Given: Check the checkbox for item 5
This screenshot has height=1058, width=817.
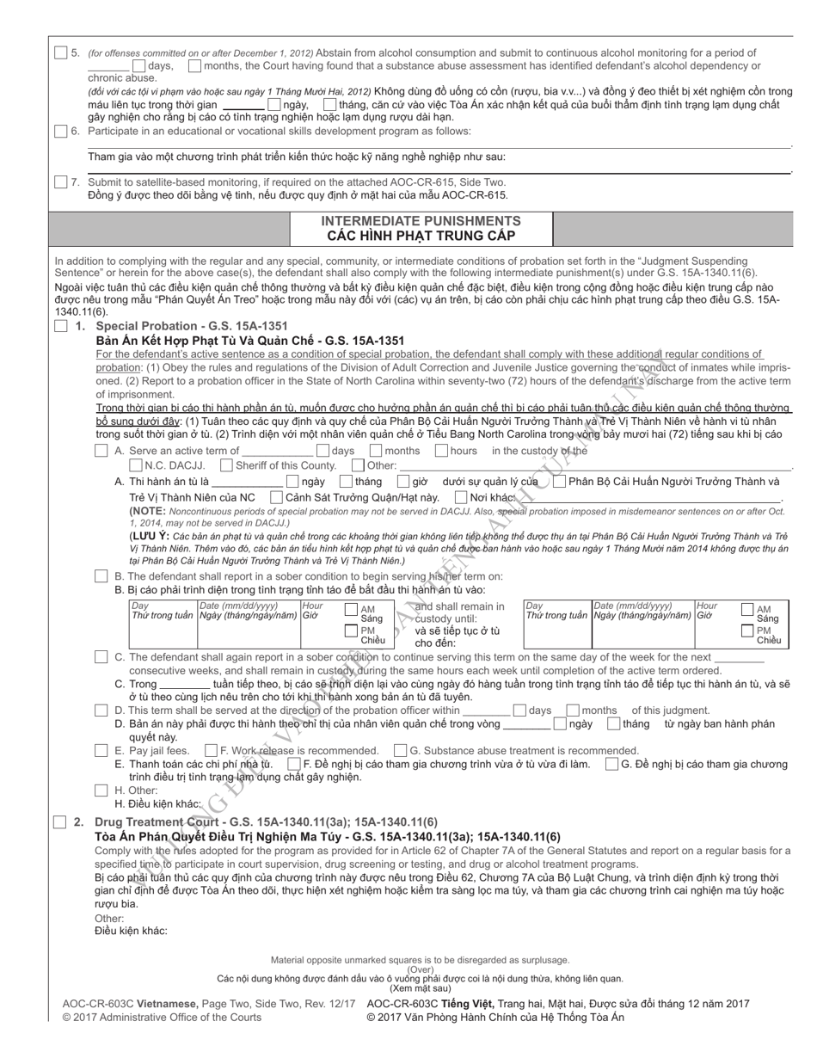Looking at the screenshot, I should point(60,53).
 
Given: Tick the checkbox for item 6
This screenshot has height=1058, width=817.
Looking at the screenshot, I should point(60,132).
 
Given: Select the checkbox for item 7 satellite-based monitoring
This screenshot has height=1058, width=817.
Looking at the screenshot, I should point(60,182).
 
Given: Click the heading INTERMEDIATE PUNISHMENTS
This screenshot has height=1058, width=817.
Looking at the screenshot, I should point(421,221).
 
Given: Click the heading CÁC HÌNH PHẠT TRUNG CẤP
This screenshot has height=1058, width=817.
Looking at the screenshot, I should point(421,236).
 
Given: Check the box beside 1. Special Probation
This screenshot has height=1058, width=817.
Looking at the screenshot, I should point(60,327).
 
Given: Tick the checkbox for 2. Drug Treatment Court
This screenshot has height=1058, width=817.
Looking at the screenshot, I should point(60,822).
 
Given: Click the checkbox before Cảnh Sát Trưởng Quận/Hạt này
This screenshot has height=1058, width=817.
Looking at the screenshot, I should point(276,497).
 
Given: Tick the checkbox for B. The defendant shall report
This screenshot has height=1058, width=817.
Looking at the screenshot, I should point(101,575).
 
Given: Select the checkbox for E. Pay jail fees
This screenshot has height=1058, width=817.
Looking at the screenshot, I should point(101,751).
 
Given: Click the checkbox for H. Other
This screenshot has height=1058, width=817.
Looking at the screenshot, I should point(101,790).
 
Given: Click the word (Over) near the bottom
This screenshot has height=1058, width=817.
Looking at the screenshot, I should point(420,969).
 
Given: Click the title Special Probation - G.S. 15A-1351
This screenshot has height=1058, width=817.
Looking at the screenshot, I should point(191,327).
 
